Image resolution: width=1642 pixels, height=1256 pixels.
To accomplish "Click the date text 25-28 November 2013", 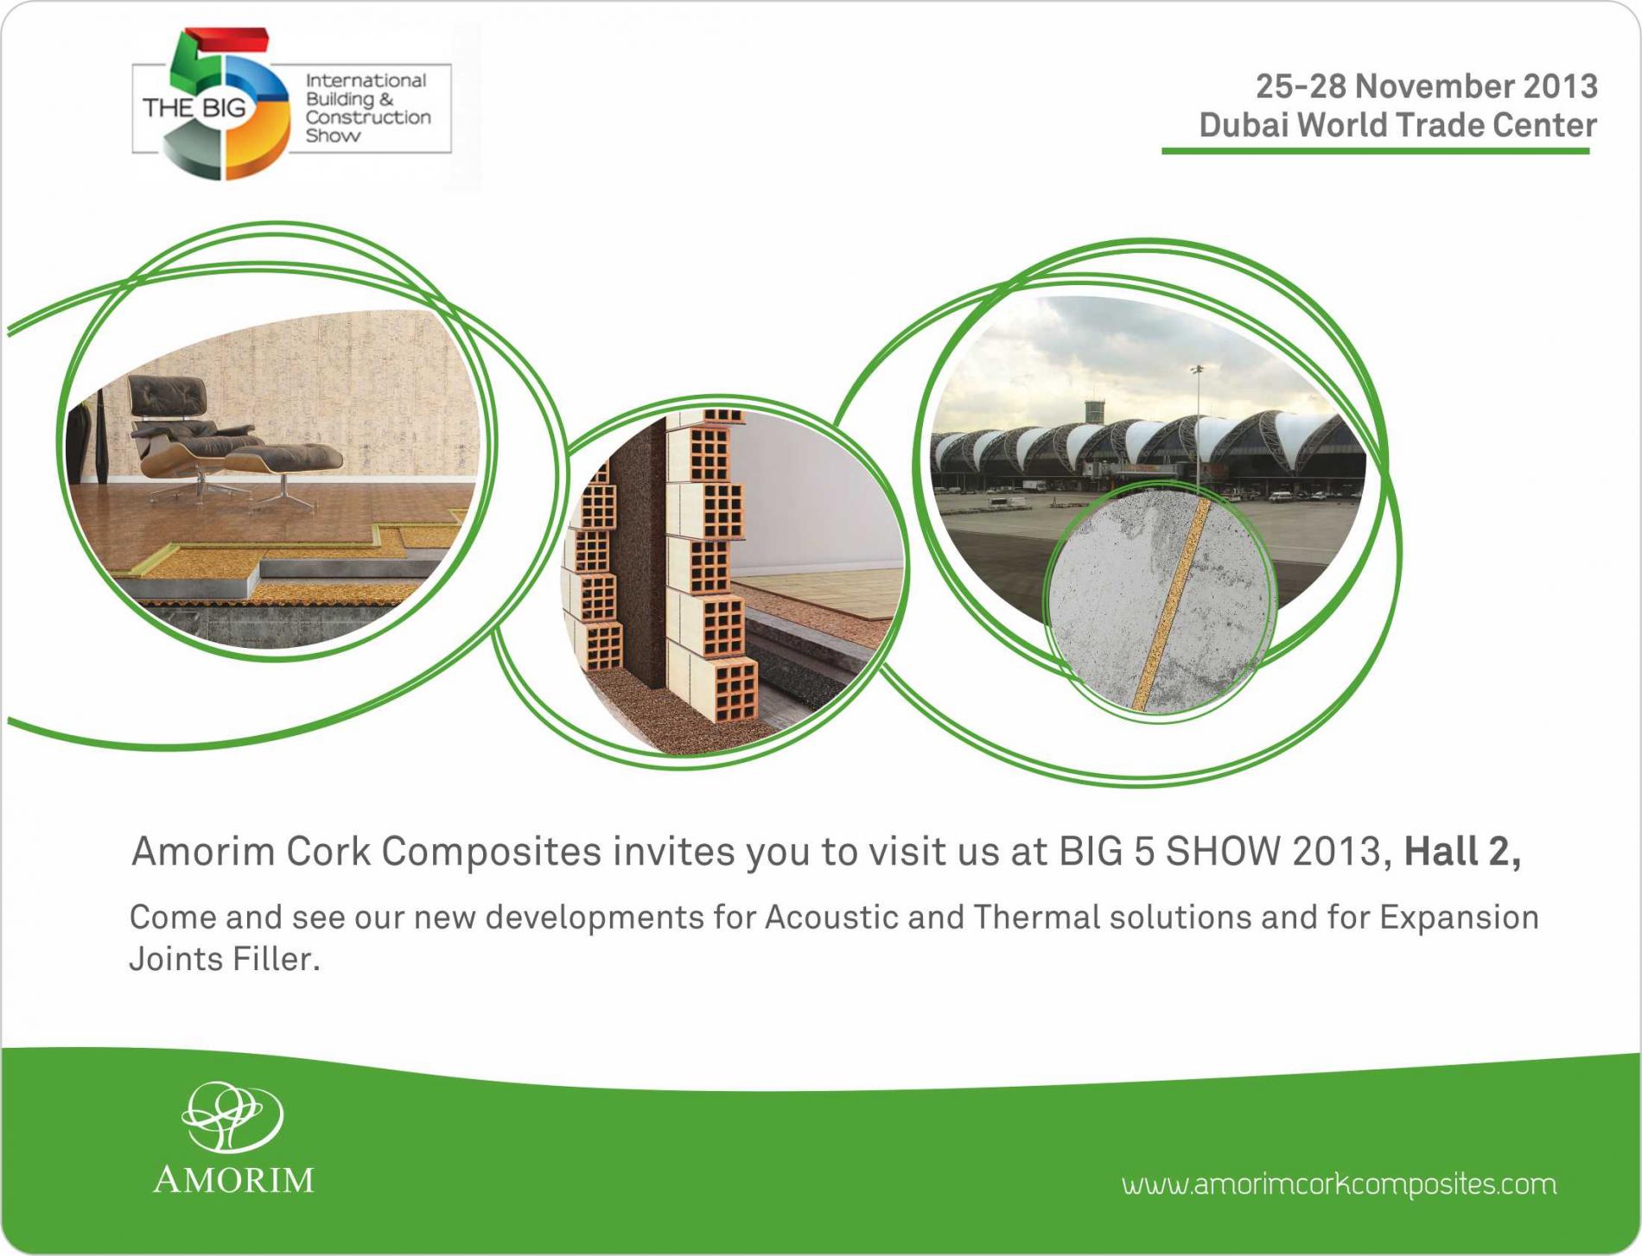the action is point(1426,86).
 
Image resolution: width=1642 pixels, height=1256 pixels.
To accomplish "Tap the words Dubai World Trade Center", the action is point(1397,125).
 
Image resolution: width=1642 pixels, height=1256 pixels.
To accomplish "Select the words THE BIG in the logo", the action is point(194,108).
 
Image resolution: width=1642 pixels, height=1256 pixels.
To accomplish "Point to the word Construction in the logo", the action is point(368,117).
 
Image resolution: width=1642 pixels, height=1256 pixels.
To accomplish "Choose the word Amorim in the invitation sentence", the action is point(202,852).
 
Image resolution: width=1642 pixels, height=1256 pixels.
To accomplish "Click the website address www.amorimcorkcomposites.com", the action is point(1340,1183).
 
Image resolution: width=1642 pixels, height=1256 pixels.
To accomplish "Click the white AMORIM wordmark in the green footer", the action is point(233,1180).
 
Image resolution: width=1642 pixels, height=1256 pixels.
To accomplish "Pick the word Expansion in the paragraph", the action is point(1459,917).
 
